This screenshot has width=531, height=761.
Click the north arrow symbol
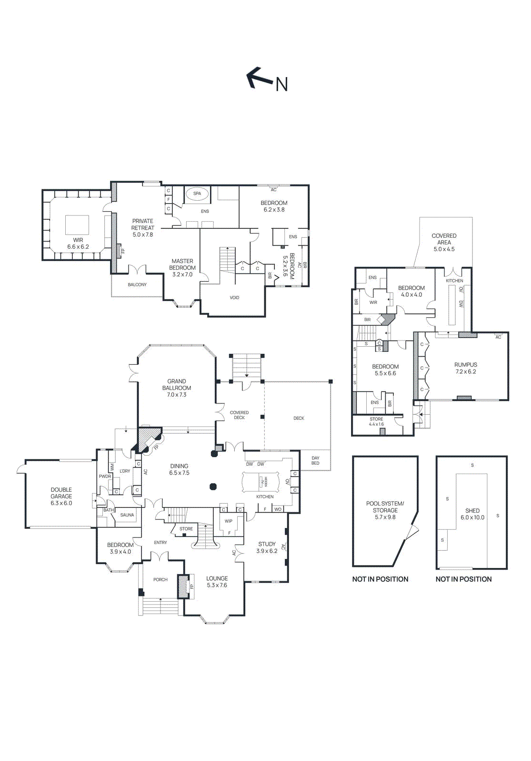260,78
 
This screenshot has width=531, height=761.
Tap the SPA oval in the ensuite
197,194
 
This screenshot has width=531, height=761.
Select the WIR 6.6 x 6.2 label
78,244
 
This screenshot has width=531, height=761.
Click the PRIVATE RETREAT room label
143,227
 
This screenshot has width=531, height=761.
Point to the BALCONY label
137,284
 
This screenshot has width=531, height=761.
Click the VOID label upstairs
234,298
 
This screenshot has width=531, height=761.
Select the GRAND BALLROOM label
177,388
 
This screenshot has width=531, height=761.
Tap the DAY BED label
315,460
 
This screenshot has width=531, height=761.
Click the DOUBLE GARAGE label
61,496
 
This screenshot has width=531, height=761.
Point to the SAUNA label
127,515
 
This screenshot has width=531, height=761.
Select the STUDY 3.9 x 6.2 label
267,547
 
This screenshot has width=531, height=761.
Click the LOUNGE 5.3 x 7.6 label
217,582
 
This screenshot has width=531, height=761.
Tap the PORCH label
160,580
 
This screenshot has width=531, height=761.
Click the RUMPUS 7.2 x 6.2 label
466,368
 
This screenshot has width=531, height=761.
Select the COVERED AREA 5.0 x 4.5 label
444,242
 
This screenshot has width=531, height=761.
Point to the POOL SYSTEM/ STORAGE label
385,510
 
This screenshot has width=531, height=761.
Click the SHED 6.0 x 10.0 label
472,514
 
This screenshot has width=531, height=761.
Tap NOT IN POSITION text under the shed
463,579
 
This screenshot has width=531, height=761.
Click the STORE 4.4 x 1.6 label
376,421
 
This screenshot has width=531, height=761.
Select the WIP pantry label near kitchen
229,521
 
